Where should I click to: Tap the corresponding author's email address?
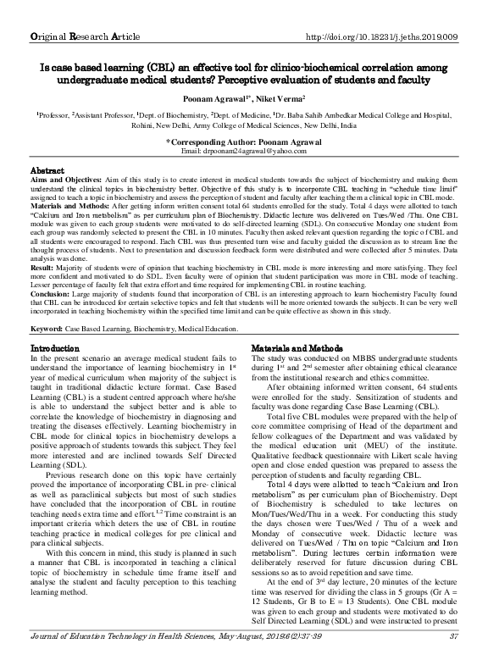244,149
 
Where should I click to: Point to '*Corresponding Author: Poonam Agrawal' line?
243,140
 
